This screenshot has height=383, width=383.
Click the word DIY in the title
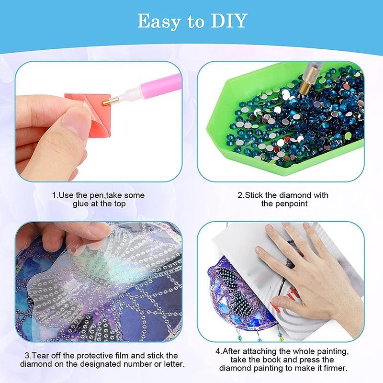pyautogui.click(x=228, y=21)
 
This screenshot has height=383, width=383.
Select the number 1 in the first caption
pyautogui.click(x=54, y=195)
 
